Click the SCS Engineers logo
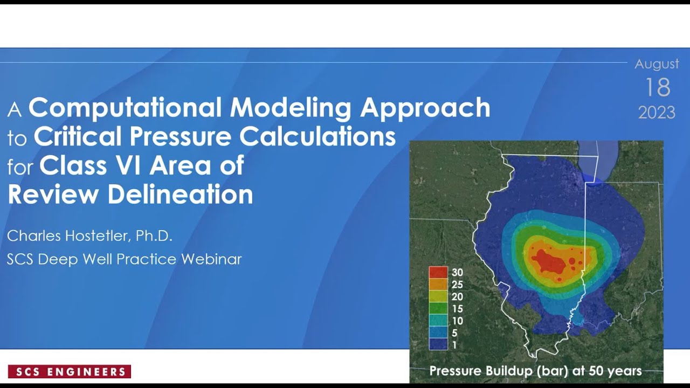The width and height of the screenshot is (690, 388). click(x=70, y=371)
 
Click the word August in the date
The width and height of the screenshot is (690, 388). click(x=657, y=64)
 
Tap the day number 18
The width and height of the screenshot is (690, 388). click(x=657, y=87)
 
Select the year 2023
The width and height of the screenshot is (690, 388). click(x=657, y=112)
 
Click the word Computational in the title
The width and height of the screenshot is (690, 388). click(x=126, y=108)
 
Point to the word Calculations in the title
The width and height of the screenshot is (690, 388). click(x=318, y=137)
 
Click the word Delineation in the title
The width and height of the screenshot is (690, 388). click(x=180, y=194)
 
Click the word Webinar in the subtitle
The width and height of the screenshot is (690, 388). click(x=211, y=259)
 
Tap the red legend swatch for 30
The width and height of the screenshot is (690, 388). click(x=438, y=273)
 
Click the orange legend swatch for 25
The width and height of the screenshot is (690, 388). click(x=438, y=285)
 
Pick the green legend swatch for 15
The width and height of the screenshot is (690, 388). click(x=438, y=309)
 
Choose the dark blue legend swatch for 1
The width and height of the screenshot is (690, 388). click(x=438, y=344)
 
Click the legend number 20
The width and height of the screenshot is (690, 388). click(x=457, y=297)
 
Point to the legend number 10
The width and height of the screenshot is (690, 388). click(x=457, y=321)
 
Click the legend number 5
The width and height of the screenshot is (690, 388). click(x=455, y=333)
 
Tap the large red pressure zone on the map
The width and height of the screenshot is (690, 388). click(x=553, y=262)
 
